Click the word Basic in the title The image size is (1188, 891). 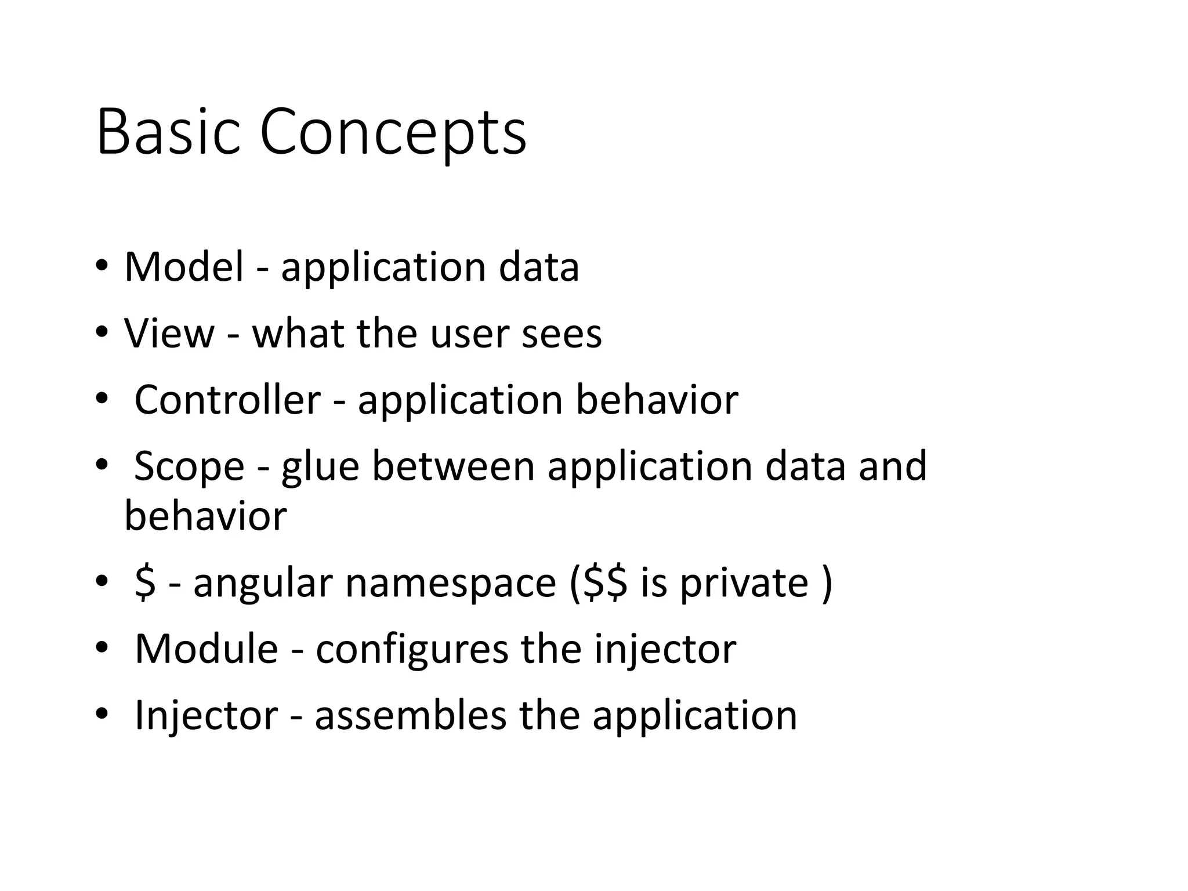point(168,132)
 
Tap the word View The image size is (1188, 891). point(169,334)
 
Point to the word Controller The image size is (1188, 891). point(227,400)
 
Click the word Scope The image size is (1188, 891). point(189,467)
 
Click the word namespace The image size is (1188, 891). point(451,583)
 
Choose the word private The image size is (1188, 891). point(744,583)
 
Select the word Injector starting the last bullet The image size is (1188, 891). point(206,716)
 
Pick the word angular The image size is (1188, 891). point(262,583)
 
